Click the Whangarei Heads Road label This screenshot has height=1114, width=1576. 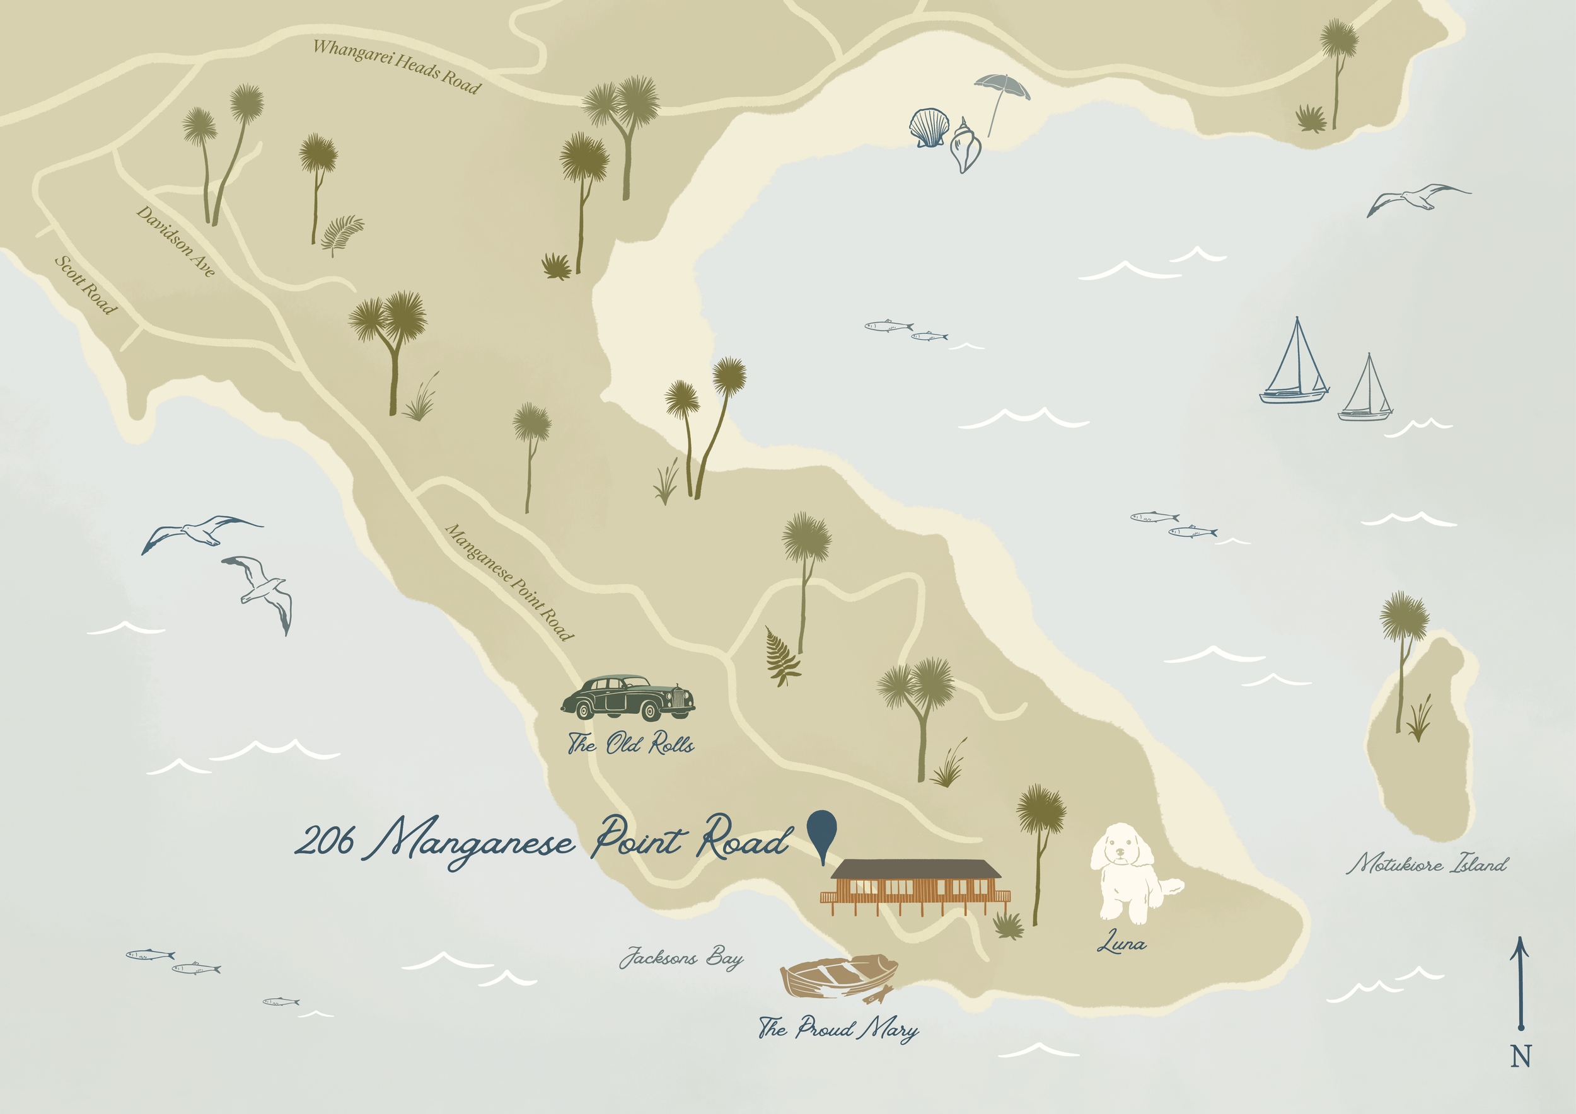pyautogui.click(x=397, y=67)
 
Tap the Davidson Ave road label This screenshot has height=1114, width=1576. pyautogui.click(x=176, y=241)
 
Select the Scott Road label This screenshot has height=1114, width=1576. pyautogui.click(x=86, y=285)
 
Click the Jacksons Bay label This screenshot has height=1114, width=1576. pyautogui.click(x=681, y=957)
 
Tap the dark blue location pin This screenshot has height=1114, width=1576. pyautogui.click(x=821, y=832)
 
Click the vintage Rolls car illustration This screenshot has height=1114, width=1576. pyautogui.click(x=628, y=698)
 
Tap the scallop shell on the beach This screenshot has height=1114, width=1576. pyautogui.click(x=929, y=127)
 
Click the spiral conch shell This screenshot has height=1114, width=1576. pyautogui.click(x=965, y=147)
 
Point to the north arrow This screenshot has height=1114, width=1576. pyautogui.click(x=1521, y=982)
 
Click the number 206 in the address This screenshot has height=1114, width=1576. pyautogui.click(x=325, y=841)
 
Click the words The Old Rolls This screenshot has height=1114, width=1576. pyautogui.click(x=630, y=744)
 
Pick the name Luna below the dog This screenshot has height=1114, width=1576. pyautogui.click(x=1121, y=943)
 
